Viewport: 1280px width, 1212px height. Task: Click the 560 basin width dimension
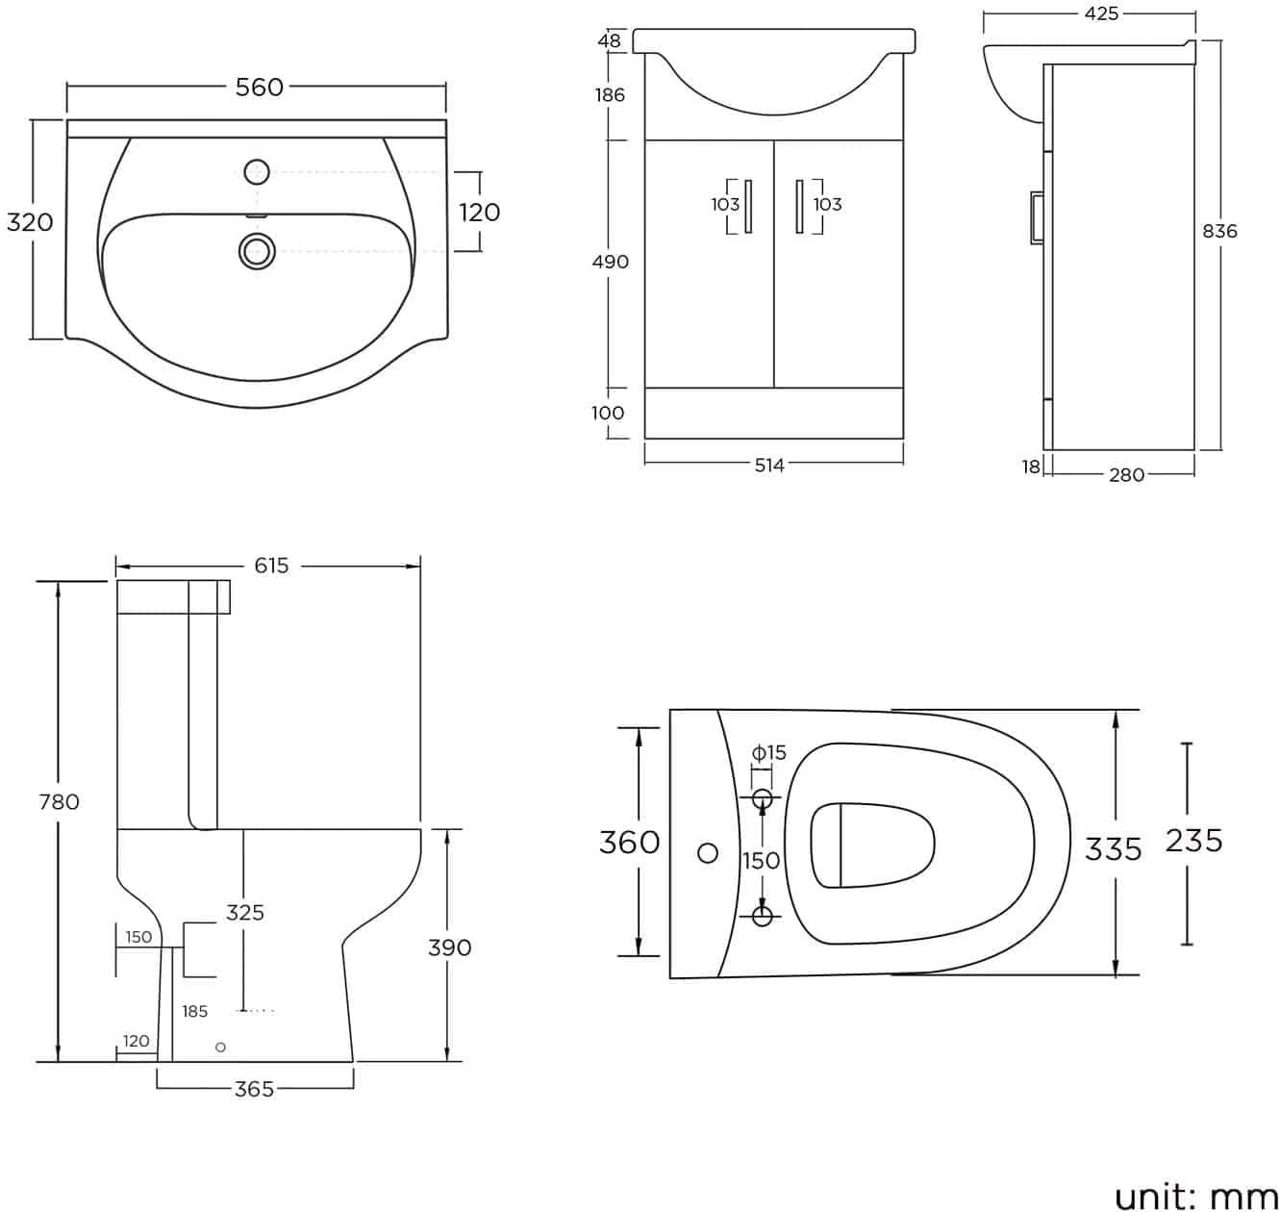pos(260,87)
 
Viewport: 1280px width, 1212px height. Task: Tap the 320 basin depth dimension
pos(30,222)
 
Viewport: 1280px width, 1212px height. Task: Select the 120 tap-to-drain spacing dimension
pos(479,212)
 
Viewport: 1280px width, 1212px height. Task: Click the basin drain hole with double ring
pos(256,251)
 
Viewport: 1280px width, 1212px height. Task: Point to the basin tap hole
pos(256,173)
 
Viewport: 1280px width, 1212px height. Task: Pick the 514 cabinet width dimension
pos(769,466)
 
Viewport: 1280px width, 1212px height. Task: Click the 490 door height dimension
pos(610,262)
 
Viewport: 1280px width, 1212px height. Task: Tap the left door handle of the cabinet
pos(748,206)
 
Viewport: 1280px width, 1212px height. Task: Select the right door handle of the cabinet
pos(799,206)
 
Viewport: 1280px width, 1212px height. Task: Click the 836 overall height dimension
pos(1219,231)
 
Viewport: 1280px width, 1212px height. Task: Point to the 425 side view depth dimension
pos(1100,13)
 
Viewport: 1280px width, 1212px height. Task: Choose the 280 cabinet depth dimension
pos(1126,474)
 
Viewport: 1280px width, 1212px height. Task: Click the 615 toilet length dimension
pos(271,566)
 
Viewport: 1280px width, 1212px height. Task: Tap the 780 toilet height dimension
pos(59,801)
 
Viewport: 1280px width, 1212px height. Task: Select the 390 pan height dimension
pos(449,947)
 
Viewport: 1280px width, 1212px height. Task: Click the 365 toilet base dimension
pos(254,1089)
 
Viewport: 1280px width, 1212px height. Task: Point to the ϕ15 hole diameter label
pos(768,752)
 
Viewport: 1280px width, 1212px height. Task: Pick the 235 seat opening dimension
pos(1193,841)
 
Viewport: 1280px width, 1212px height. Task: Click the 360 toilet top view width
pos(629,842)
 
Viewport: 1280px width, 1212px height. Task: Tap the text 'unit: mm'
pos(1195,1196)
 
